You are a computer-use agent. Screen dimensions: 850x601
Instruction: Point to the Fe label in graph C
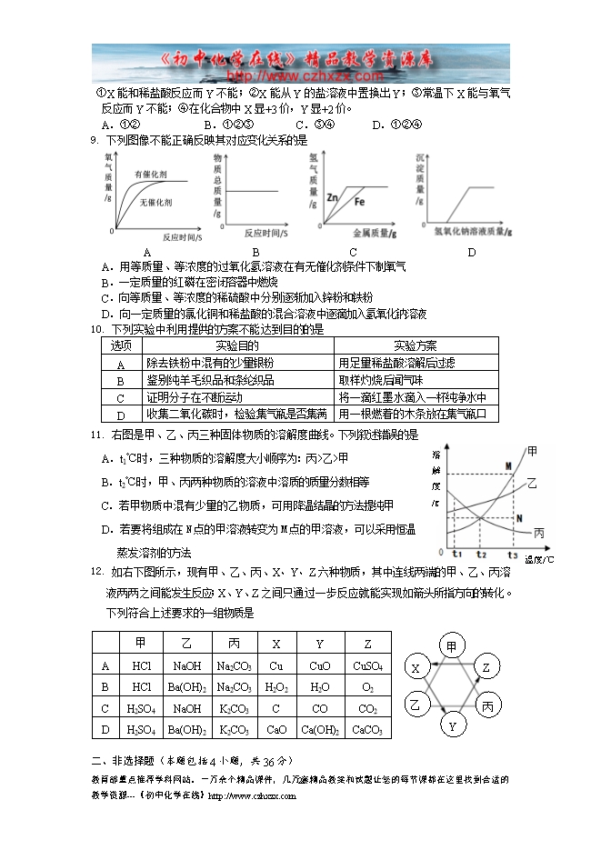(x=359, y=201)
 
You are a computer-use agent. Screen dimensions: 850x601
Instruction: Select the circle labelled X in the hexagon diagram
(x=416, y=668)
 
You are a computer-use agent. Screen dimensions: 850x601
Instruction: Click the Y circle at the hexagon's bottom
(x=451, y=725)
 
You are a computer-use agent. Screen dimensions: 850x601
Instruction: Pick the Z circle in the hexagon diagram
(x=486, y=668)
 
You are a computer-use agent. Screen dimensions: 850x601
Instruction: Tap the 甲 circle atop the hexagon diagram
(x=451, y=646)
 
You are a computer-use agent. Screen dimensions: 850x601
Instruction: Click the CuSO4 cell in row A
(x=366, y=665)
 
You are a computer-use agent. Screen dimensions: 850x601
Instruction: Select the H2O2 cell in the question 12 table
(x=275, y=686)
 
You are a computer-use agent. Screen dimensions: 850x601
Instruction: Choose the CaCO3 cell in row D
(x=366, y=729)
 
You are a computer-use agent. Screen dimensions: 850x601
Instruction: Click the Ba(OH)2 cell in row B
(x=186, y=686)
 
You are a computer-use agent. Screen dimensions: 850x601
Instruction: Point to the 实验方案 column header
(x=416, y=345)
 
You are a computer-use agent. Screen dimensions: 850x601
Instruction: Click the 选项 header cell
(x=121, y=345)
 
